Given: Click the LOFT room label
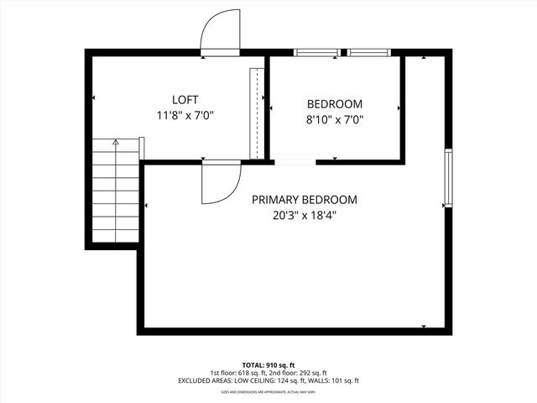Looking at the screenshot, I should tap(185, 100).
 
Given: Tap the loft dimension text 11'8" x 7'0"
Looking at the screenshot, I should tap(185, 116).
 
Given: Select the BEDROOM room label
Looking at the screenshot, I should tap(334, 104).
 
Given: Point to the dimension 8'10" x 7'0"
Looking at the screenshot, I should tap(334, 120).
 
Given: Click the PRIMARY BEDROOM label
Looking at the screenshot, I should tap(305, 200).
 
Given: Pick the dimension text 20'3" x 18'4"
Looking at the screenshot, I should tap(305, 215).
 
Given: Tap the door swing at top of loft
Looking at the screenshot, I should tap(219, 34).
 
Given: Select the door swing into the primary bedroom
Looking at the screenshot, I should tap(220, 181).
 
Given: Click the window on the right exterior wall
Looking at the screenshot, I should tap(449, 177).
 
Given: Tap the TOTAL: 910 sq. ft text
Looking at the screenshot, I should tap(268, 364).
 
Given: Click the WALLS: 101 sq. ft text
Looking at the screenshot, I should tap(335, 381).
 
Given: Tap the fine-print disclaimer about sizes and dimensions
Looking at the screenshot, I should tap(268, 392).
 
